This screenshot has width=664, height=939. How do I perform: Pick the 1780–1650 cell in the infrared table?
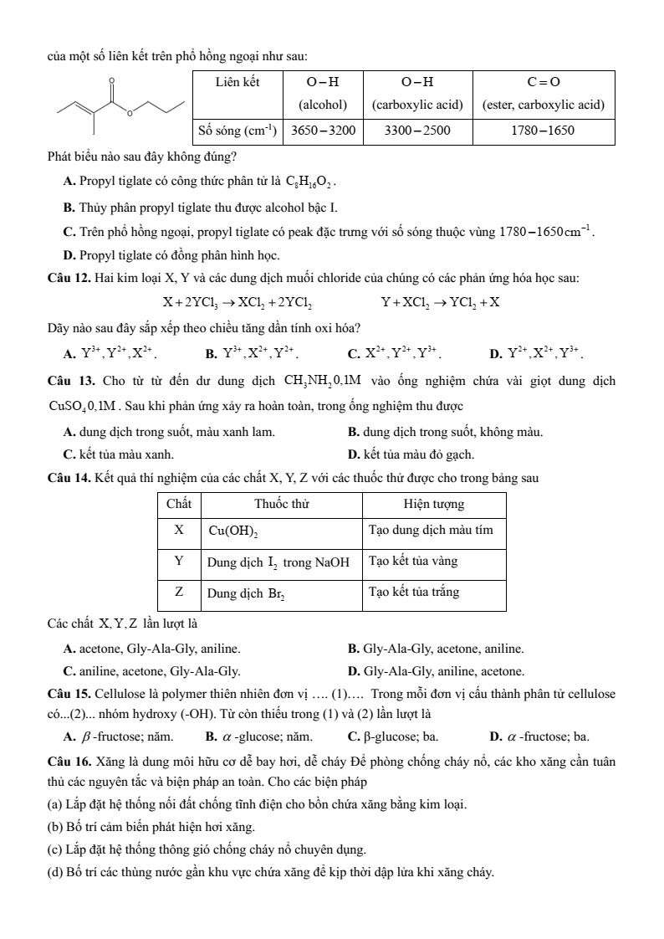(x=544, y=131)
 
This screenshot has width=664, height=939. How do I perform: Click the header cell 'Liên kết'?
(x=238, y=82)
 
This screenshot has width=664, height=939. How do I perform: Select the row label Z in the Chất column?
(x=179, y=592)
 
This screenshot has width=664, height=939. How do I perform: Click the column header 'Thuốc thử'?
(x=281, y=505)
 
